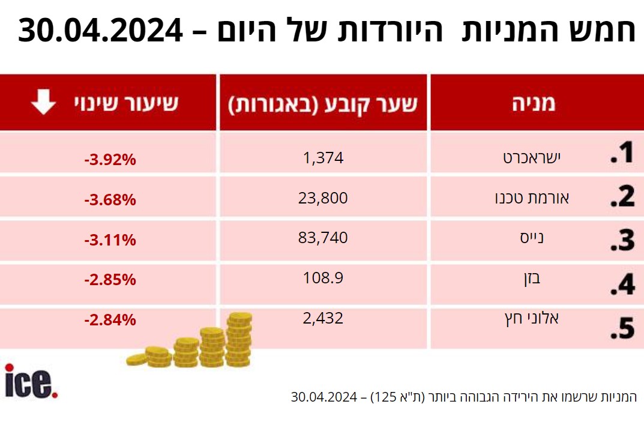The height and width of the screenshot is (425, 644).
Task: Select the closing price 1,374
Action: pos(323,158)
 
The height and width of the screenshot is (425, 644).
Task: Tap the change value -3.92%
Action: pos(110,160)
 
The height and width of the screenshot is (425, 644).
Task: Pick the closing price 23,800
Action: pos(323,197)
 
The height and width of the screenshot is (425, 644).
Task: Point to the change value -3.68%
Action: pos(110,200)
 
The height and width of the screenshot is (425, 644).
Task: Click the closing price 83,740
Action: pos(323,238)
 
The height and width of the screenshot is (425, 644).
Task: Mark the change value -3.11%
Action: pos(110,240)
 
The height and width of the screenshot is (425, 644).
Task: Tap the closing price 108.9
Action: pos(323,277)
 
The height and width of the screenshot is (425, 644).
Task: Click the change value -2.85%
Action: pos(110,280)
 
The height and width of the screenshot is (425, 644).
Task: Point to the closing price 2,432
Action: pos(323,318)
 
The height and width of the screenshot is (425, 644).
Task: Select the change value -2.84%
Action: pos(110,320)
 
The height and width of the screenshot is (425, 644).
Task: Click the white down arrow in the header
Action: pos(43,103)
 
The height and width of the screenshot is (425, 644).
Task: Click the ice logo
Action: pos(31,382)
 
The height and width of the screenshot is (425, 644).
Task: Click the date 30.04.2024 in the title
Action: pos(101,31)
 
